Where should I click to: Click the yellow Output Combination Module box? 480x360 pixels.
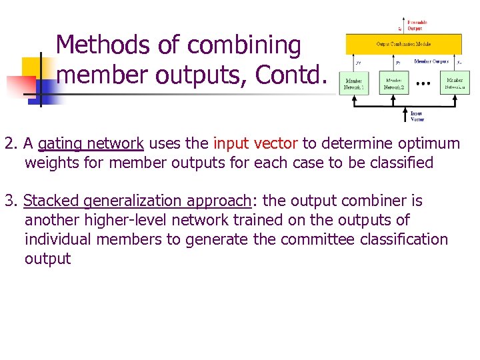tap(403, 44)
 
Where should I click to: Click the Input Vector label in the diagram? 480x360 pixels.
tap(417, 116)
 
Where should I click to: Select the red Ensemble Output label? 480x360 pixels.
tap(417, 25)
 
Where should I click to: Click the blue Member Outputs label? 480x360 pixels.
tap(431, 61)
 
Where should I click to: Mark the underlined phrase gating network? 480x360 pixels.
tap(91, 143)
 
